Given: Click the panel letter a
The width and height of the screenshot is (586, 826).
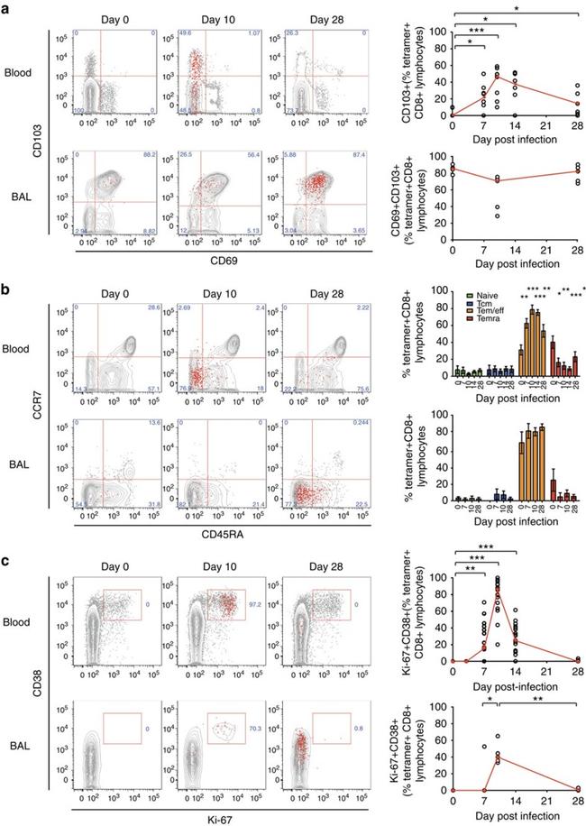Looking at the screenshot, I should (6, 7).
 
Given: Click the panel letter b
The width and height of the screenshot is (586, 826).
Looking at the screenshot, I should (6, 286).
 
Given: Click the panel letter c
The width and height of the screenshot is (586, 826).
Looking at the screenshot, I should (6, 565).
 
